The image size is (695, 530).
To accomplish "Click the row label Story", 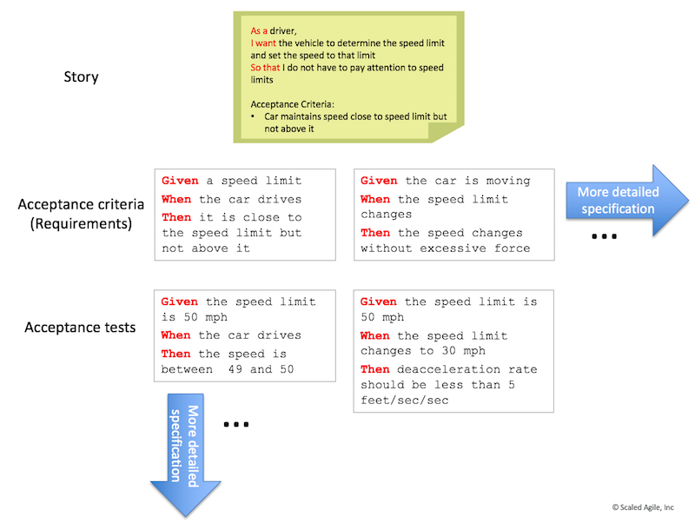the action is pos(81,76).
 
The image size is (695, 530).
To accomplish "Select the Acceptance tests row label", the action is pos(80,327).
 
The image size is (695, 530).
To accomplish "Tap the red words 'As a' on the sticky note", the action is pos(259,30).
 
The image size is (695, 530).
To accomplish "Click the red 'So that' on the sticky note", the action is pos(265,68).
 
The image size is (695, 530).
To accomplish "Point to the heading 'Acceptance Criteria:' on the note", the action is pos(292,104).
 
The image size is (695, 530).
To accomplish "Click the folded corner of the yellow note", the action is pos(445,131).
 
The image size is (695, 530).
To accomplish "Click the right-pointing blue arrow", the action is pos(626,201).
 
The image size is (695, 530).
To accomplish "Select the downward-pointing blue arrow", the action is pos(186,455).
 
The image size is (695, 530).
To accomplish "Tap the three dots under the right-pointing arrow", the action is pos(604,236).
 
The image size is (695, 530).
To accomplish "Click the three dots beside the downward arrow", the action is pos(235,424).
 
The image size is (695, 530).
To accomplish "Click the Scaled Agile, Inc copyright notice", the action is pos(643,507).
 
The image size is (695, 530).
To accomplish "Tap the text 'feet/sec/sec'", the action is pos(404,401).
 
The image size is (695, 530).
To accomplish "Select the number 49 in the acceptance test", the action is pos(235,369).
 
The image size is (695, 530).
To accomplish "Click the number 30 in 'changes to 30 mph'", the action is pos(448,350).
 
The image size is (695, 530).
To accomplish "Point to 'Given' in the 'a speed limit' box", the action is pos(180,181).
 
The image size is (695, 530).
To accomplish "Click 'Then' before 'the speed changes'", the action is pos(375,233).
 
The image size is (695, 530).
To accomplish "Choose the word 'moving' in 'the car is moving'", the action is pos(508,181).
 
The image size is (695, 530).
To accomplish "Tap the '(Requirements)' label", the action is pos(81,224).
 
